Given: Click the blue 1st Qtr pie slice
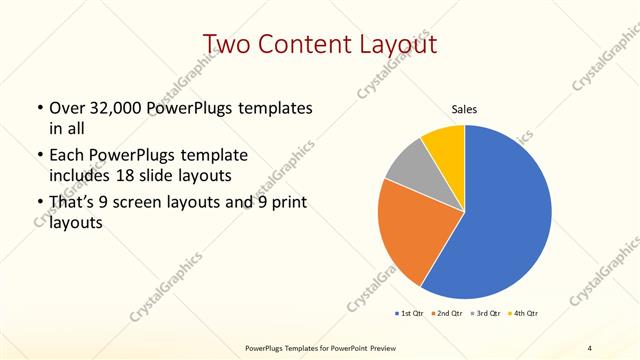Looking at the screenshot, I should click(x=505, y=215).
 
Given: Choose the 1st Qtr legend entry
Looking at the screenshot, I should click(x=409, y=314).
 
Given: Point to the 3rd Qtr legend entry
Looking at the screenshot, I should click(x=486, y=314).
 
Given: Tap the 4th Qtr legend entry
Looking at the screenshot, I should click(x=524, y=314).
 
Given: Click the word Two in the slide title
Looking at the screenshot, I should click(x=227, y=45).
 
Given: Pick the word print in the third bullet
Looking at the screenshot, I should click(x=284, y=203).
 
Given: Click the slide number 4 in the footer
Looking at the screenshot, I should click(x=590, y=348).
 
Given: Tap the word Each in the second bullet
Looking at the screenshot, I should click(x=67, y=155).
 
